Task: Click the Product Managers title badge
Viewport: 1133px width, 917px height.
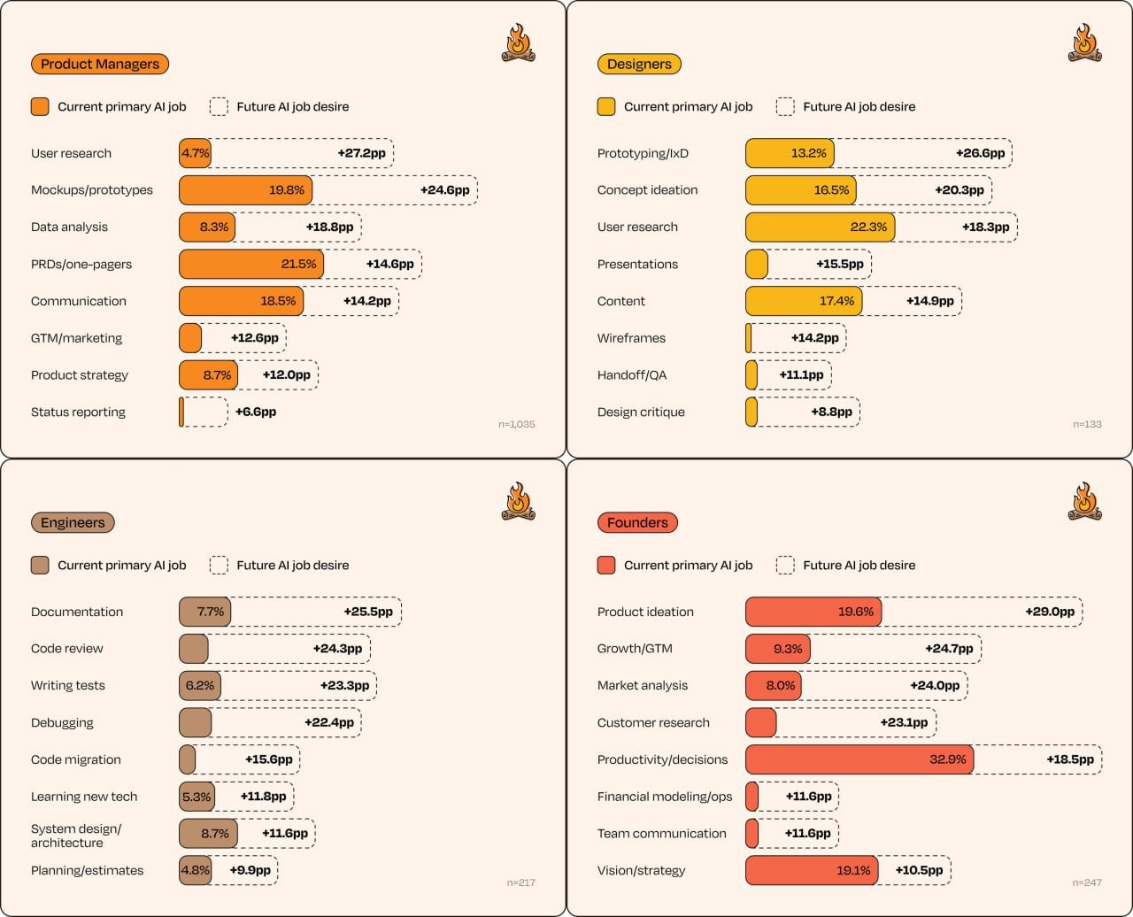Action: [x=100, y=65]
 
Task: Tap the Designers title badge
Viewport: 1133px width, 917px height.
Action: [x=639, y=65]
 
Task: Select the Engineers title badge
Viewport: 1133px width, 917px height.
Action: [x=73, y=523]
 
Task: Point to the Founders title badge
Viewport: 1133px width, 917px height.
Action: [x=637, y=523]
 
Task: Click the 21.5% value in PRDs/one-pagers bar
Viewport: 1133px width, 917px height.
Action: [x=298, y=264]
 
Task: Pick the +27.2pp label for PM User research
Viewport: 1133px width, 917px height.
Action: [x=362, y=153]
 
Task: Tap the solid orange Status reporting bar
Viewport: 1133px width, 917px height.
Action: [x=181, y=412]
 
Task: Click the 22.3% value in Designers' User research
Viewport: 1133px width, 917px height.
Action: [x=868, y=227]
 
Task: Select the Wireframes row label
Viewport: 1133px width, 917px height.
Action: [x=631, y=338]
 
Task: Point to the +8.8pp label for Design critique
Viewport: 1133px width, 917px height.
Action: [x=831, y=412]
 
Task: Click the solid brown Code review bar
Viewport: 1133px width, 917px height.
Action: [x=194, y=649]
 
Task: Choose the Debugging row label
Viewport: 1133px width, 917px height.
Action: [x=62, y=723]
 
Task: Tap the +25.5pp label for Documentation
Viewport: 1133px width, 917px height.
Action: [x=368, y=612]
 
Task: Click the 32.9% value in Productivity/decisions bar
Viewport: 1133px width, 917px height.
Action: [x=948, y=759]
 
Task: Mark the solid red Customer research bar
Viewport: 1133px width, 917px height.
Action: [x=761, y=723]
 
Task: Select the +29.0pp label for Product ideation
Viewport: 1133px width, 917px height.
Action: [x=1050, y=612]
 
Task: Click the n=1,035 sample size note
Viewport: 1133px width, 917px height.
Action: [x=517, y=425]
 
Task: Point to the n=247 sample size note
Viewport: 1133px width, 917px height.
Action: [x=1087, y=882]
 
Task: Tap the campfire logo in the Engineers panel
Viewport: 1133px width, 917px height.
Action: [x=518, y=501]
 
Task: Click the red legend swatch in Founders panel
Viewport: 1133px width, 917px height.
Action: [x=606, y=566]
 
